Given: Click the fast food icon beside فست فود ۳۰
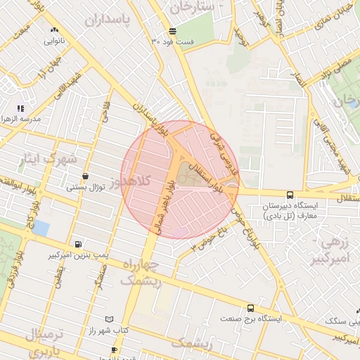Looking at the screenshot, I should tap(172, 30).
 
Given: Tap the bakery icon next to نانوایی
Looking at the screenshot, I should tap(55, 30).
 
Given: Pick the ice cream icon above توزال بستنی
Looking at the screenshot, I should tap(85, 176).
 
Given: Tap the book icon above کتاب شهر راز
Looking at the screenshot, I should tap(108, 319).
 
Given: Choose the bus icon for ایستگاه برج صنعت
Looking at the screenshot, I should tap(250, 308).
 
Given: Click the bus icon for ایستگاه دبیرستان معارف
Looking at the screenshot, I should tap(290, 195).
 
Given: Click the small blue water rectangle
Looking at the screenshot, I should tap(41, 229).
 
